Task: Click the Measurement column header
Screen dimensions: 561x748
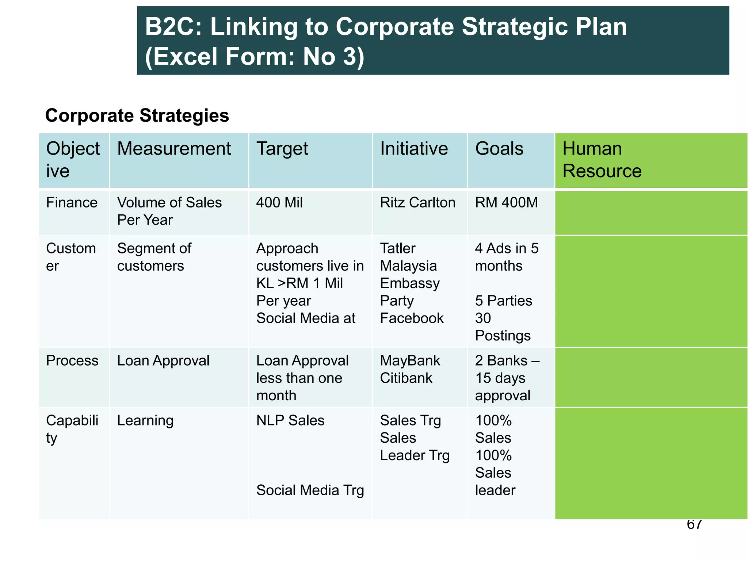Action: tap(174, 149)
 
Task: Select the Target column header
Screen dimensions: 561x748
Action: tap(282, 149)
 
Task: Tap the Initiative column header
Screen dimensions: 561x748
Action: tap(414, 149)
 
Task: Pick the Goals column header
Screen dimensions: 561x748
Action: tap(499, 149)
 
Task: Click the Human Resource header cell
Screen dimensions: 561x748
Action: tap(602, 160)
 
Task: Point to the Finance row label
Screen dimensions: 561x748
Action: tap(72, 203)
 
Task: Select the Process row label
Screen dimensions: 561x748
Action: tap(72, 361)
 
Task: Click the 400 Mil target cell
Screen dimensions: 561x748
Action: tap(279, 203)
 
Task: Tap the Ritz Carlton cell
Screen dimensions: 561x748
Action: tap(417, 203)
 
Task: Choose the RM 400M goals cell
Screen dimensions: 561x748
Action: tap(506, 203)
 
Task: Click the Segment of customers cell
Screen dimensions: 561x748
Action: tap(154, 257)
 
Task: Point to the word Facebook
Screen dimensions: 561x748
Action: tap(412, 318)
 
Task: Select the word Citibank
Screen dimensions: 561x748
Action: tap(406, 378)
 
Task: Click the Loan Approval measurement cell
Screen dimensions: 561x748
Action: tap(163, 361)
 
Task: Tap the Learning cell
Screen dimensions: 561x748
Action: tap(145, 421)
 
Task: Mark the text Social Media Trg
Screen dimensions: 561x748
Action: tap(310, 491)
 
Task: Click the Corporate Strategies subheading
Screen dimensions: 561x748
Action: tap(137, 116)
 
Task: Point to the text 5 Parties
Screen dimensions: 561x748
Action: tap(503, 301)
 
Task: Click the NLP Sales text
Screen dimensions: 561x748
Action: tap(290, 421)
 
